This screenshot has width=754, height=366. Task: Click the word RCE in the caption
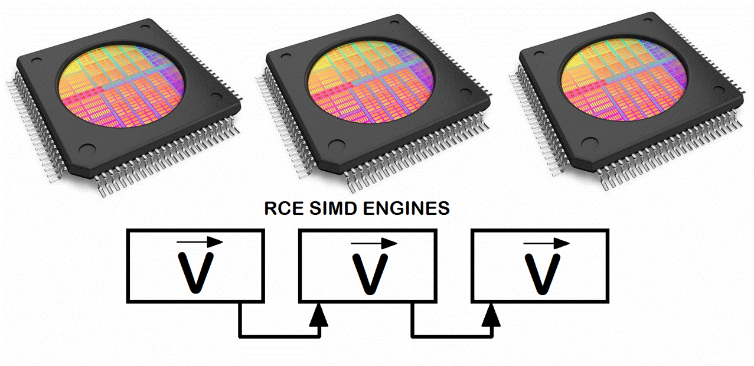pyautogui.click(x=284, y=208)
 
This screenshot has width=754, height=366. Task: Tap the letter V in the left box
pyautogui.click(x=195, y=273)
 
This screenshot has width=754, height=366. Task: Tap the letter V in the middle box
pyautogui.click(x=370, y=274)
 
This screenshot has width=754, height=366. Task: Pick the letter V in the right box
pyautogui.click(x=542, y=274)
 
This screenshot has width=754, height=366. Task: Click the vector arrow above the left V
pyautogui.click(x=200, y=241)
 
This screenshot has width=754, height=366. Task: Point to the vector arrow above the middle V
pyautogui.click(x=374, y=243)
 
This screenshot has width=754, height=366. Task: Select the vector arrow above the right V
pyautogui.click(x=546, y=243)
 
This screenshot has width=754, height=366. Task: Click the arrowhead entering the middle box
pyautogui.click(x=319, y=315)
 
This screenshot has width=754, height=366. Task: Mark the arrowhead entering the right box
pyautogui.click(x=491, y=315)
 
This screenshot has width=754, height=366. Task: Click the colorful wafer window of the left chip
pyautogui.click(x=122, y=86)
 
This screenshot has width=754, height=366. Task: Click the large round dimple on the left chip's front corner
pyautogui.click(x=87, y=149)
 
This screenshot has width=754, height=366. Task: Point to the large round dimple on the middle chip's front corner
pyautogui.click(x=337, y=145)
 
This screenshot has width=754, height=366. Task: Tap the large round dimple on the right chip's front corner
pyautogui.click(x=590, y=143)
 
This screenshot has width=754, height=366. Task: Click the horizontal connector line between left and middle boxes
pyautogui.click(x=279, y=336)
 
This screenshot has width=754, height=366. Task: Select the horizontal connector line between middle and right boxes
pyautogui.click(x=452, y=336)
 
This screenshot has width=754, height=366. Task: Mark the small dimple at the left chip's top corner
pyautogui.click(x=145, y=27)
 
